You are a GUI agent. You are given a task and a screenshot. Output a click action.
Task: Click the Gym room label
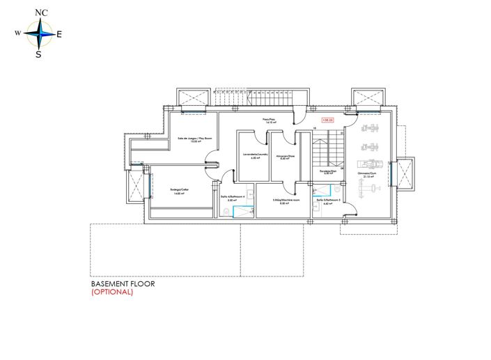pyautogui.click(x=365, y=174)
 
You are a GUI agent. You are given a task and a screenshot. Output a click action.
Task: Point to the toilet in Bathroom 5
pyautogui.click(x=337, y=189)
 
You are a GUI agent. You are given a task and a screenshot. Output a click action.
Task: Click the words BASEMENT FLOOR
pyautogui.click(x=123, y=284)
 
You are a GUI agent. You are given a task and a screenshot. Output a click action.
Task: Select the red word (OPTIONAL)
pyautogui.click(x=112, y=292)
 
